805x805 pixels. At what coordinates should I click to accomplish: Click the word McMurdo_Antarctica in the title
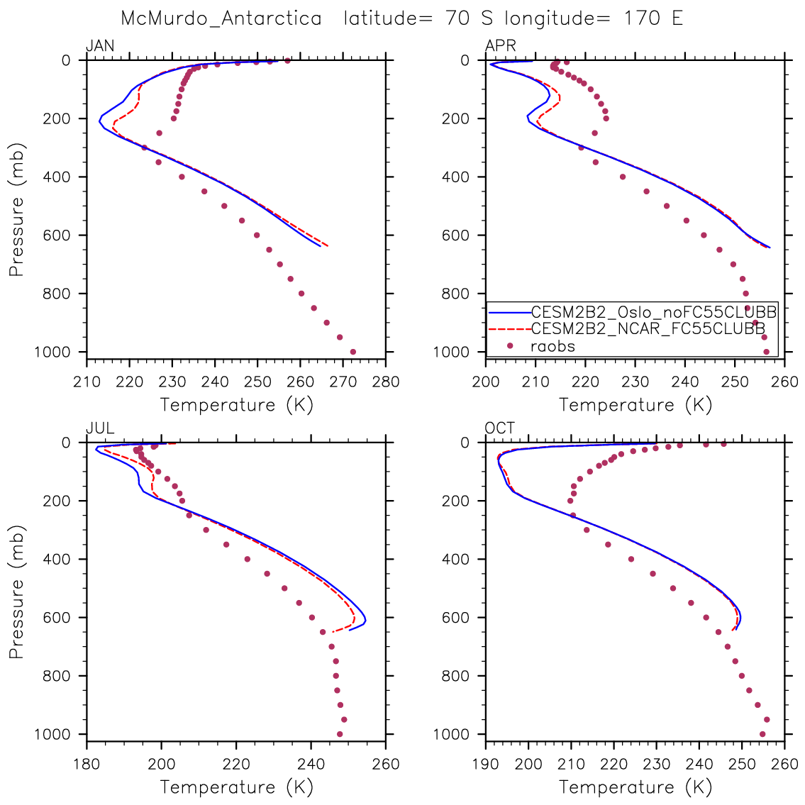click(221, 18)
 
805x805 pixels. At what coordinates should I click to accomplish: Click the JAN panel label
click(100, 47)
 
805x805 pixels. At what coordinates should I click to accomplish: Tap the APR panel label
click(500, 47)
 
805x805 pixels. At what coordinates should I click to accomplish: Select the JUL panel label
click(100, 428)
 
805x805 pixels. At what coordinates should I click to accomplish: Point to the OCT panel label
click(500, 428)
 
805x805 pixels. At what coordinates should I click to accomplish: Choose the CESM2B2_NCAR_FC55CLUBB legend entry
click(648, 328)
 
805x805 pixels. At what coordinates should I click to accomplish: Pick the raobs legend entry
click(553, 346)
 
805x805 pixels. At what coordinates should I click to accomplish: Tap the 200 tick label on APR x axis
click(486, 382)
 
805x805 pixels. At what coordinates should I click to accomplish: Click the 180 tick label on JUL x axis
click(87, 764)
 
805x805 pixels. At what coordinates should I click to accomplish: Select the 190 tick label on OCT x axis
click(486, 764)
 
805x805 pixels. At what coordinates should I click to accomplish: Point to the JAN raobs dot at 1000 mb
click(353, 352)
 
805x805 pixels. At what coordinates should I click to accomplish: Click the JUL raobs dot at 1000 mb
click(340, 734)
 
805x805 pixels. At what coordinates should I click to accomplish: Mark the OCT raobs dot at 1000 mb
click(762, 734)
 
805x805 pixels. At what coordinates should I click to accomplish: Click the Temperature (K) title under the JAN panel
click(236, 405)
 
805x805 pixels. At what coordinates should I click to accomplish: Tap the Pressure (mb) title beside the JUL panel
click(17, 592)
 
